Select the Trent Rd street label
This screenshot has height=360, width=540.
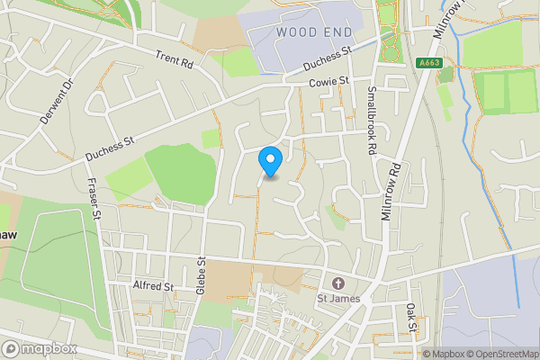(174, 59)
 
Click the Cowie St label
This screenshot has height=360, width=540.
(328, 82)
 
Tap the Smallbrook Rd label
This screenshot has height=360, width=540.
(371, 121)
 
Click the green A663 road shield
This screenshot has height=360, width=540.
(429, 63)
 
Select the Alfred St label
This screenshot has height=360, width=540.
(152, 286)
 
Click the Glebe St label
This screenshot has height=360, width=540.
(202, 276)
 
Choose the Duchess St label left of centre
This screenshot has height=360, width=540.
(109, 149)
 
